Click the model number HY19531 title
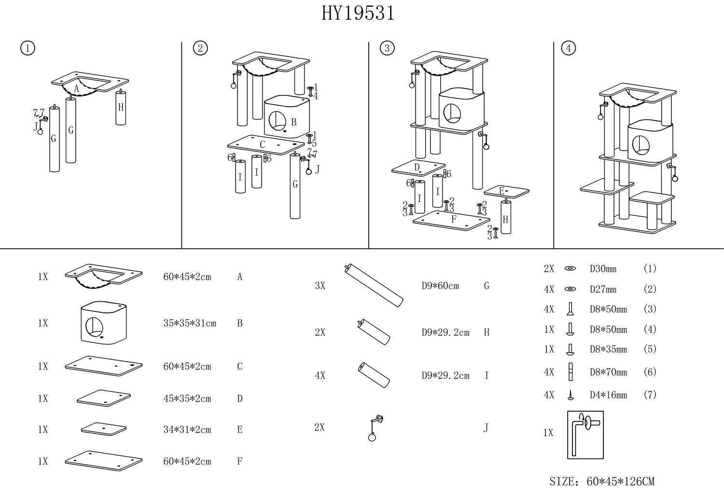click(358, 14)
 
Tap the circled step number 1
click(28, 48)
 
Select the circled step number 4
click(569, 48)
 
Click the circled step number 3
click(387, 48)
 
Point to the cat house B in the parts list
click(103, 323)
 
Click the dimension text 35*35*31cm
click(190, 323)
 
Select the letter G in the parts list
click(487, 286)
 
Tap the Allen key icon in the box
click(585, 435)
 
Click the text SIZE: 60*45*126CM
click(602, 481)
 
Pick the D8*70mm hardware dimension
click(608, 372)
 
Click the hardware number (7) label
click(650, 395)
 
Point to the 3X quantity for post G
click(320, 286)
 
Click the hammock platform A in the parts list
click(103, 277)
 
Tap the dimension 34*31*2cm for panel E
click(187, 430)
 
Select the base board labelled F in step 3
click(451, 220)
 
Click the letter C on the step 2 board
click(262, 144)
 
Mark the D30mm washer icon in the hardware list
click(571, 269)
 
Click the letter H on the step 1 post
click(121, 107)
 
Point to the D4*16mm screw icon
click(571, 395)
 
